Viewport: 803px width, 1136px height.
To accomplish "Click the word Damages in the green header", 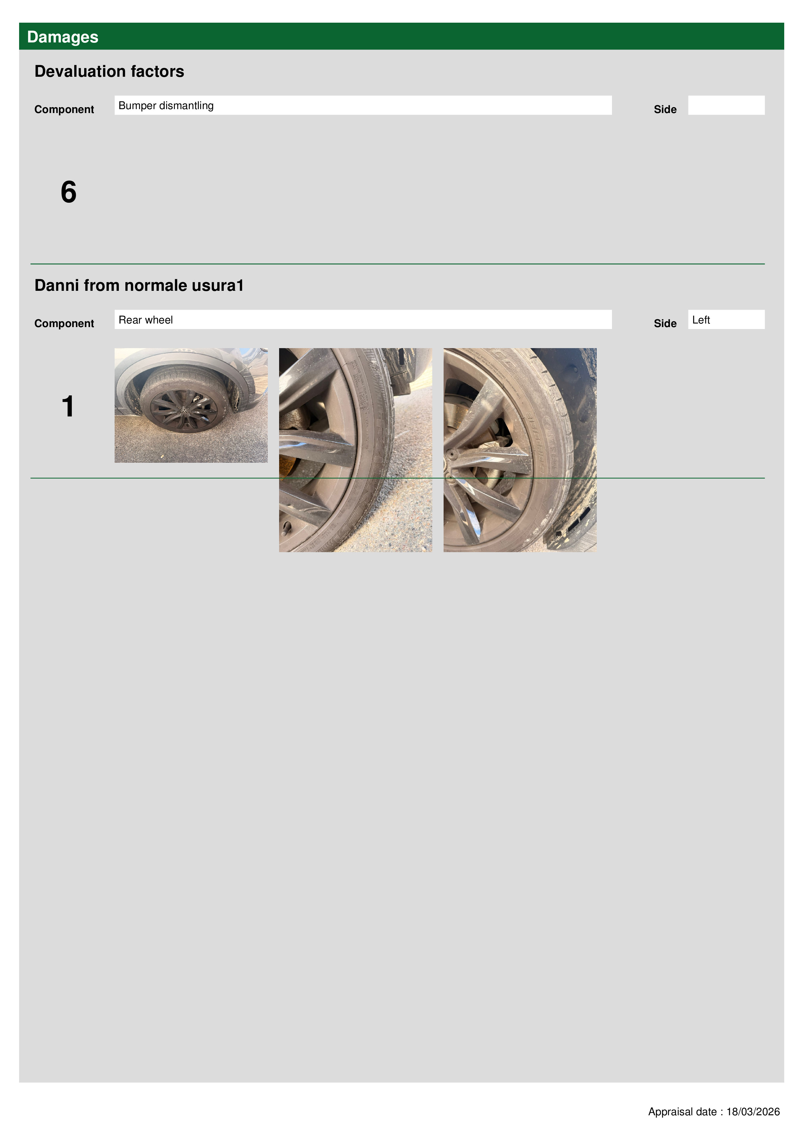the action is [x=62, y=37].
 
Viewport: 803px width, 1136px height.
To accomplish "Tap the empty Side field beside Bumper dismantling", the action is [x=726, y=105].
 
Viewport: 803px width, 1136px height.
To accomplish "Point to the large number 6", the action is [x=69, y=192].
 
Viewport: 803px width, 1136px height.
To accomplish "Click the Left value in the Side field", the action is [x=701, y=320].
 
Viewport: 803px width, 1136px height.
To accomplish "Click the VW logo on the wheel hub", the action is [x=184, y=410].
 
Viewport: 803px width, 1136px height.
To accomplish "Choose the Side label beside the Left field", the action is [x=665, y=324].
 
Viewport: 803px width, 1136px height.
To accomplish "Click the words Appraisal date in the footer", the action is [x=682, y=1112].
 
